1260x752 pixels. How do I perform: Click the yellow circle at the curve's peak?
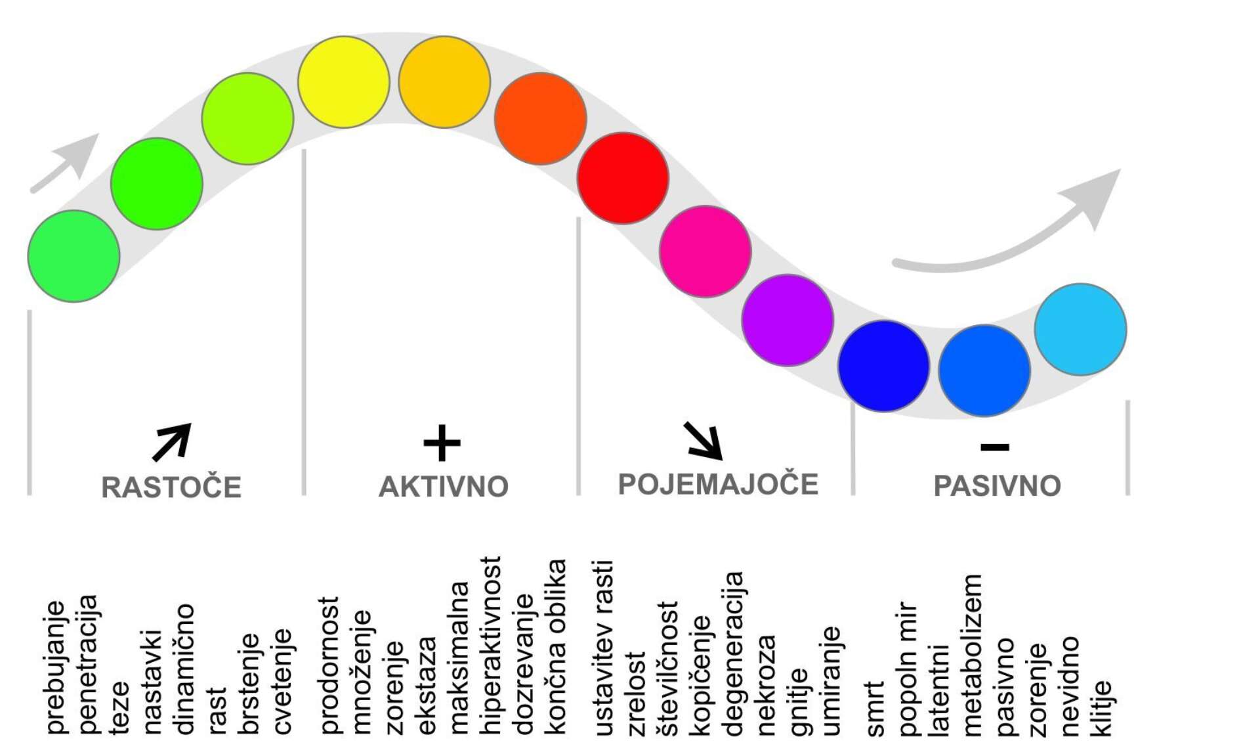(344, 82)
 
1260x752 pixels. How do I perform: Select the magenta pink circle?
(705, 252)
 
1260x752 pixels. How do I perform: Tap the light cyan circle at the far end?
(1080, 330)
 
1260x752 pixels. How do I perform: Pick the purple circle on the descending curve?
(787, 321)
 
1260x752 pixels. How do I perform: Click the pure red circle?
(623, 179)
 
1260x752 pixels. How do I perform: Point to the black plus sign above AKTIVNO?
(442, 443)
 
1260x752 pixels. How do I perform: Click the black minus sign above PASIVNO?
(995, 447)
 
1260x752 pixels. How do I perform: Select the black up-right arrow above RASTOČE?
(172, 442)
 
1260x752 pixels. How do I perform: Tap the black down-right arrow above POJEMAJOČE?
(703, 441)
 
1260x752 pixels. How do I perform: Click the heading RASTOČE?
(171, 487)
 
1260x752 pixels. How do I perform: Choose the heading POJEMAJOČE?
(719, 484)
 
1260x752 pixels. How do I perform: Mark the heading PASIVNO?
(997, 486)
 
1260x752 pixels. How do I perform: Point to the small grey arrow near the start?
(64, 164)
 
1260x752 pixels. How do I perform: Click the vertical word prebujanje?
(56, 667)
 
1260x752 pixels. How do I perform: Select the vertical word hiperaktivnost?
(490, 645)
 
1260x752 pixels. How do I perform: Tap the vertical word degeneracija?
(734, 653)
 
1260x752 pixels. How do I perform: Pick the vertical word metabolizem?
(972, 655)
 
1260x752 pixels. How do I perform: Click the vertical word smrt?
(875, 709)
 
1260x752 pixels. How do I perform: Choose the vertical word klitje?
(1102, 708)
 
